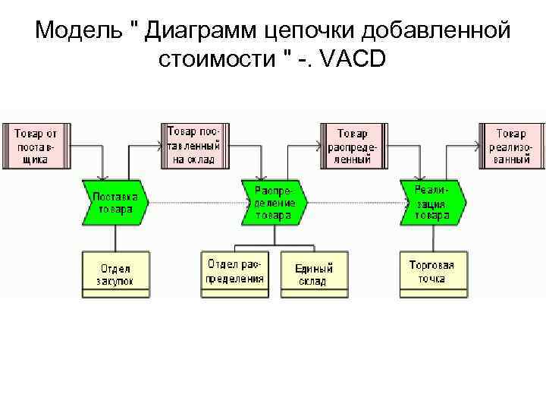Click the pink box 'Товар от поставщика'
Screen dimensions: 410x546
tap(36, 145)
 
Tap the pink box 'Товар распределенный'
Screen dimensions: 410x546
tap(353, 145)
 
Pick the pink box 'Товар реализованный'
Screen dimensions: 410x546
tap(512, 145)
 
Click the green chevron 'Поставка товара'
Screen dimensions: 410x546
tap(115, 203)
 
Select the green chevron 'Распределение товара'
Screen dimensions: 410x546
tap(274, 203)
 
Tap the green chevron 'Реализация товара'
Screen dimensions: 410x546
tap(432, 203)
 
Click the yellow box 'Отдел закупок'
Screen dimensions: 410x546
tap(115, 274)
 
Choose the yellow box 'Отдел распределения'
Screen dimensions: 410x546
tap(234, 271)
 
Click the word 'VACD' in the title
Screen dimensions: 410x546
tap(354, 59)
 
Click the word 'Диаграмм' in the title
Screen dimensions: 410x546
tap(198, 30)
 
